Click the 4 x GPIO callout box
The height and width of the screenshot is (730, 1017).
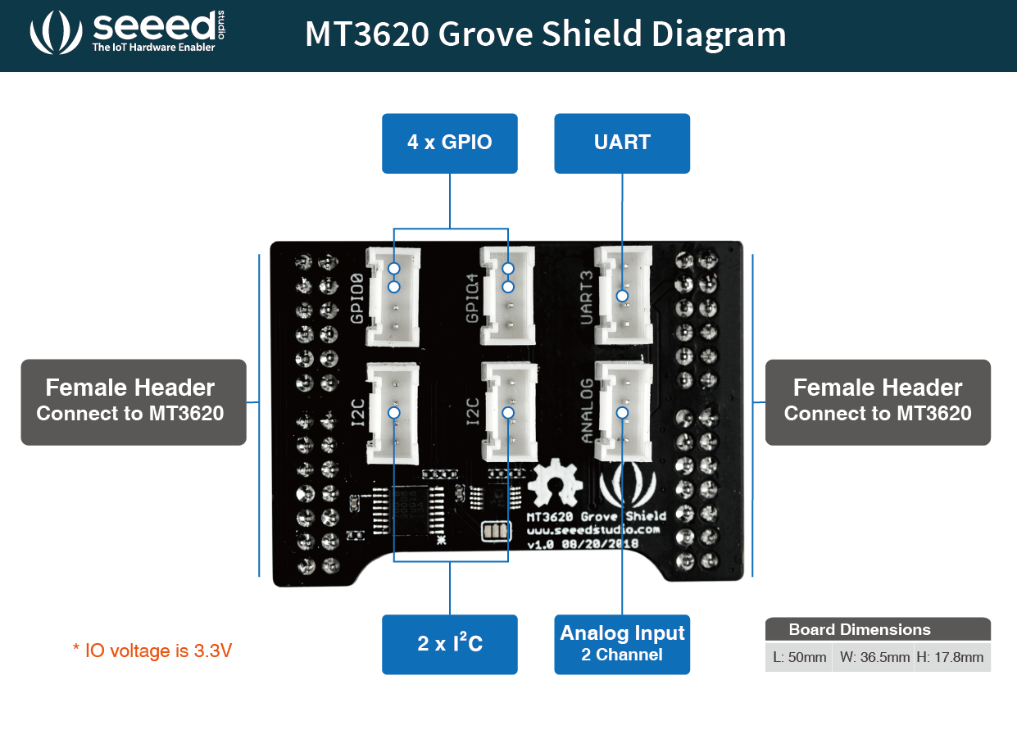pyautogui.click(x=449, y=143)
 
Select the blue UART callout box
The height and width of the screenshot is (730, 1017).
pyautogui.click(x=622, y=143)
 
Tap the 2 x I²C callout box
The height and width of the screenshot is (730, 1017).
pyautogui.click(x=449, y=644)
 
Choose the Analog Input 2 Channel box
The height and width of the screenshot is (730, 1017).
pyautogui.click(x=622, y=644)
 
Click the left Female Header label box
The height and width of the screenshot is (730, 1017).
pyautogui.click(x=133, y=401)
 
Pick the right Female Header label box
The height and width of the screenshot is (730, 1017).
pyautogui.click(x=878, y=401)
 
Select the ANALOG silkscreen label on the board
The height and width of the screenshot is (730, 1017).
pyautogui.click(x=587, y=410)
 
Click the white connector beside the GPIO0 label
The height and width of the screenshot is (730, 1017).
pyautogui.click(x=394, y=297)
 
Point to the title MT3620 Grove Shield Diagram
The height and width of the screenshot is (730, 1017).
pyautogui.click(x=545, y=34)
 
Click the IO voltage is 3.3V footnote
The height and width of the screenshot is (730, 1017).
pyautogui.click(x=152, y=651)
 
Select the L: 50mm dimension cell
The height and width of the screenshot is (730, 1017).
pyautogui.click(x=798, y=656)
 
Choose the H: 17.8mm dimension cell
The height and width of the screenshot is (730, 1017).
pyautogui.click(x=951, y=656)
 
